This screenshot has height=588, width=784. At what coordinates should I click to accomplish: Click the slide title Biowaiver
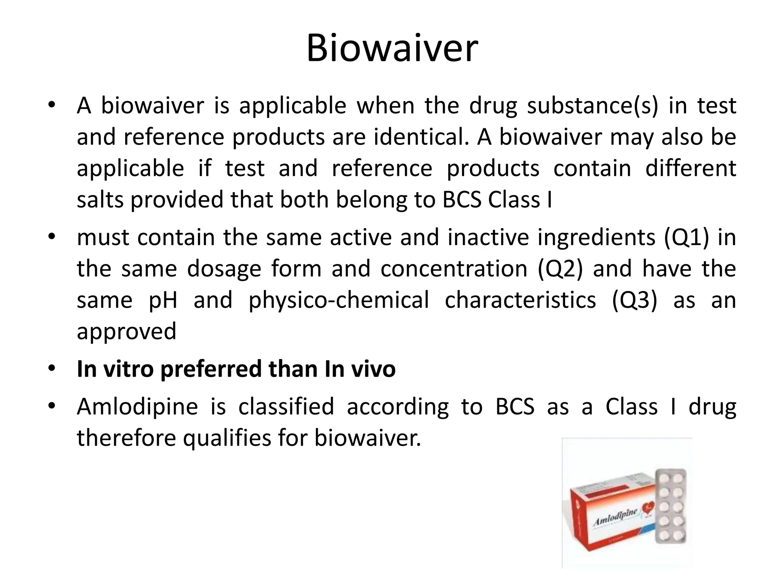click(392, 49)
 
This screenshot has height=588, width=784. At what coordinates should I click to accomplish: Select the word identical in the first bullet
click(421, 137)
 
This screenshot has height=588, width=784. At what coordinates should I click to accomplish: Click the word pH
click(163, 300)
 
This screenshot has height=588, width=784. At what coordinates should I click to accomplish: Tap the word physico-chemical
click(339, 300)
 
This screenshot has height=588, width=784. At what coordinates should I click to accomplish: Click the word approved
click(126, 332)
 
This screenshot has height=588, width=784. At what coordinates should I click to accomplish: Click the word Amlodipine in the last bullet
click(137, 407)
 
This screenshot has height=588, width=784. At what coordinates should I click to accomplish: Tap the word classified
click(286, 407)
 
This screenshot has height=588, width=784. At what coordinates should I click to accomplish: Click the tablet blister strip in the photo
click(671, 505)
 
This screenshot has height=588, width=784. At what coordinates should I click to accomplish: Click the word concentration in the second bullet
click(454, 269)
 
